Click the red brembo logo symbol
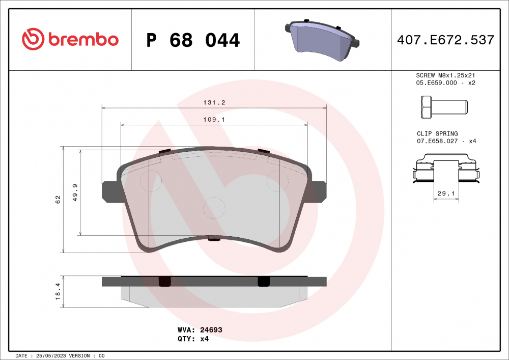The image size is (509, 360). click(x=33, y=39)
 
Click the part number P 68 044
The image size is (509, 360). click(x=193, y=40)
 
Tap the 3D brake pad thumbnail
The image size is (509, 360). click(x=322, y=40)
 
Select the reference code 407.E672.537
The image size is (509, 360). click(x=445, y=40)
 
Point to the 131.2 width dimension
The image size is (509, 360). click(x=214, y=102)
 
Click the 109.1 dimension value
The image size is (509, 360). click(x=214, y=120)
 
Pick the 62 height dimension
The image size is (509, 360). click(x=58, y=199)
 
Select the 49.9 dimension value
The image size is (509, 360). click(x=75, y=192)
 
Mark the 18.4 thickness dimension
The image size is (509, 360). click(x=58, y=291)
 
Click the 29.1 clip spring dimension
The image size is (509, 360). click(x=446, y=193)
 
